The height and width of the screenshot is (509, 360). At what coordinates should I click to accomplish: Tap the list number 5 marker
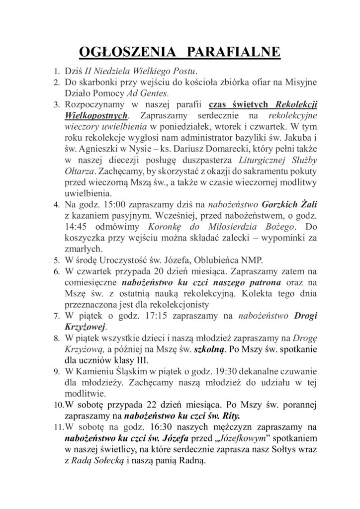pos(57,259)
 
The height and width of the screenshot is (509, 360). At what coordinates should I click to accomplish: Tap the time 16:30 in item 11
pos(134,426)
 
